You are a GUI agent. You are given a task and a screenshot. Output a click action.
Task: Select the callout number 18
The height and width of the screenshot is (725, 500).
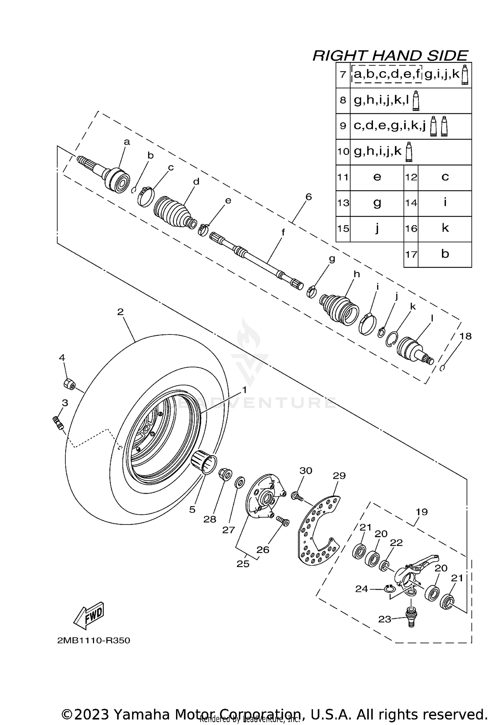point(465,336)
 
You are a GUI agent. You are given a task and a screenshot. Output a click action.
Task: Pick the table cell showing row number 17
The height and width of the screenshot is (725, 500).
point(411,255)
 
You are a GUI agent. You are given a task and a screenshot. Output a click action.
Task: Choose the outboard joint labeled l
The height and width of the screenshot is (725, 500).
point(414,351)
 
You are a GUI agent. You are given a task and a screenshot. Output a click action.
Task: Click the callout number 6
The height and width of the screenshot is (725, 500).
point(308,197)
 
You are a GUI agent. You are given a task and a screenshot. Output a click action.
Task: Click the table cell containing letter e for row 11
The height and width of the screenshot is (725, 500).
point(377,177)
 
